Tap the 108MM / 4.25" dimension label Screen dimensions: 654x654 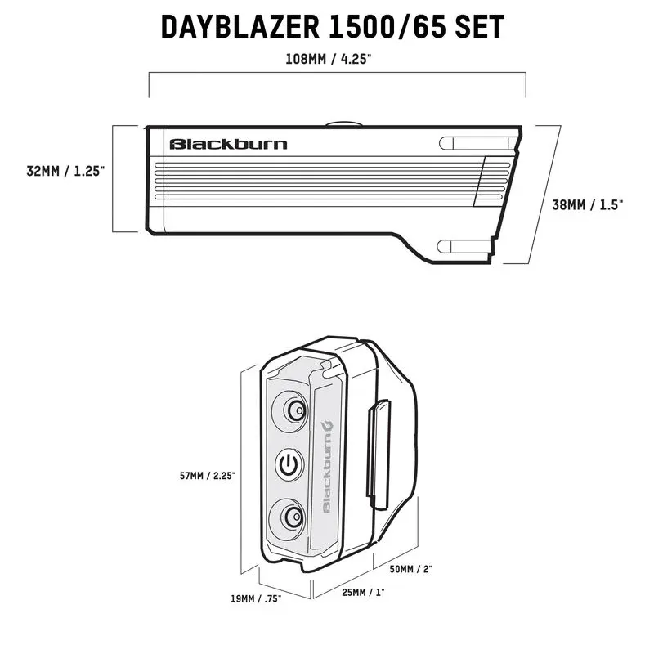pos(335,60)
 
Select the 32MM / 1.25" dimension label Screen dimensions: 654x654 pos(65,172)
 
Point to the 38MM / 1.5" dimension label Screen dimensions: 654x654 pos(586,205)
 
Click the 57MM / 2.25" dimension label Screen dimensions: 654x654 pos(209,475)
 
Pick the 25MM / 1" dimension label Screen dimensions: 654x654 pos(362,591)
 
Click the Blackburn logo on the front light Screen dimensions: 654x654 pos(228,145)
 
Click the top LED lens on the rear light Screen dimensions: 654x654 pos(290,410)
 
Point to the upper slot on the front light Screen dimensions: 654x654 pos(472,143)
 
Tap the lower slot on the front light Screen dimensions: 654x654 pos(465,246)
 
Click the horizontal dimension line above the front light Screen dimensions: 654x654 pos(335,74)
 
